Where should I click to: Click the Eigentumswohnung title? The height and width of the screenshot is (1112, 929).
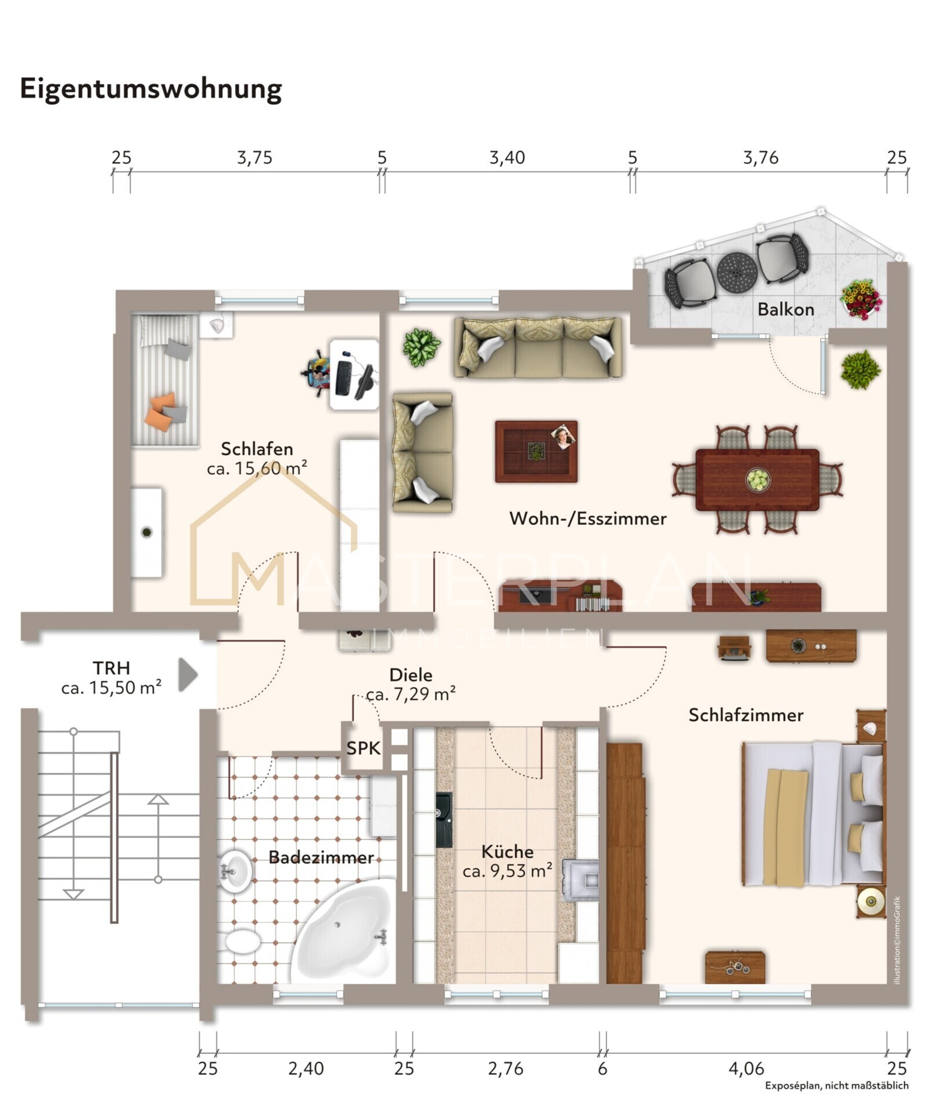click(150, 89)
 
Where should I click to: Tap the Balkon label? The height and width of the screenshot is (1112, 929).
click(785, 309)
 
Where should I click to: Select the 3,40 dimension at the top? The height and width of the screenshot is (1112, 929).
click(507, 158)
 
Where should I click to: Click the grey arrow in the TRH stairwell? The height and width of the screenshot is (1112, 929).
click(188, 674)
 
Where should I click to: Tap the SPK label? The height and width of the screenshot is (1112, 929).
click(363, 748)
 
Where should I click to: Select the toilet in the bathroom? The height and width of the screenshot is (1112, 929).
click(243, 941)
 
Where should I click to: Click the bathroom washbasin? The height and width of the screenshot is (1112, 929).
click(236, 870)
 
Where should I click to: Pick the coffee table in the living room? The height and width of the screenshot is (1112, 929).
click(536, 451)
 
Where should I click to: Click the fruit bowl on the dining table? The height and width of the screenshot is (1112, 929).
click(758, 480)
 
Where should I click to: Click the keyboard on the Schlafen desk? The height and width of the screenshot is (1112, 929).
click(342, 378)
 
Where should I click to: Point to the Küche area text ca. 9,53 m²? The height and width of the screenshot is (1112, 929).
click(507, 870)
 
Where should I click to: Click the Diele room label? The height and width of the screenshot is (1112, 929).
click(411, 675)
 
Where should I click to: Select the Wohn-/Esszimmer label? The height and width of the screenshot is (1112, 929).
click(587, 518)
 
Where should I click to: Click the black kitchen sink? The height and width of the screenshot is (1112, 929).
click(444, 820)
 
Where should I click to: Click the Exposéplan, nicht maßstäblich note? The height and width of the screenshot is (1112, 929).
click(836, 1086)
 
